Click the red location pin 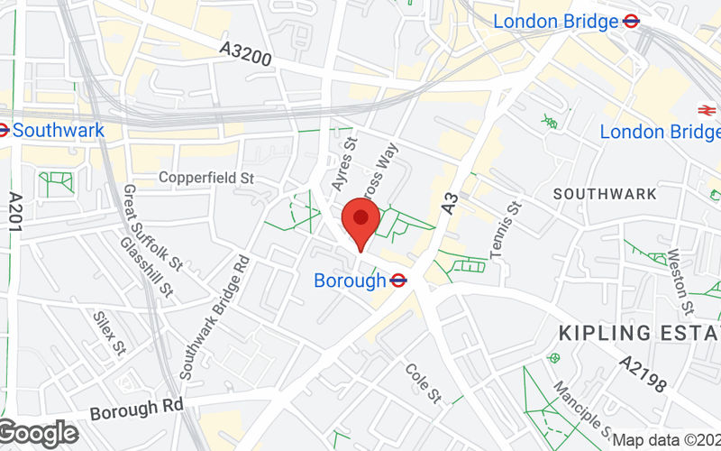tap(361, 220)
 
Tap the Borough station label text tap(350, 281)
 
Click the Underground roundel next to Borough tap(398, 281)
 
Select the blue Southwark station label tap(59, 130)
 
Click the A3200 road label tap(245, 54)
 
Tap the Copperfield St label tap(206, 178)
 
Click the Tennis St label tap(506, 231)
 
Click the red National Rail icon tap(705, 110)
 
